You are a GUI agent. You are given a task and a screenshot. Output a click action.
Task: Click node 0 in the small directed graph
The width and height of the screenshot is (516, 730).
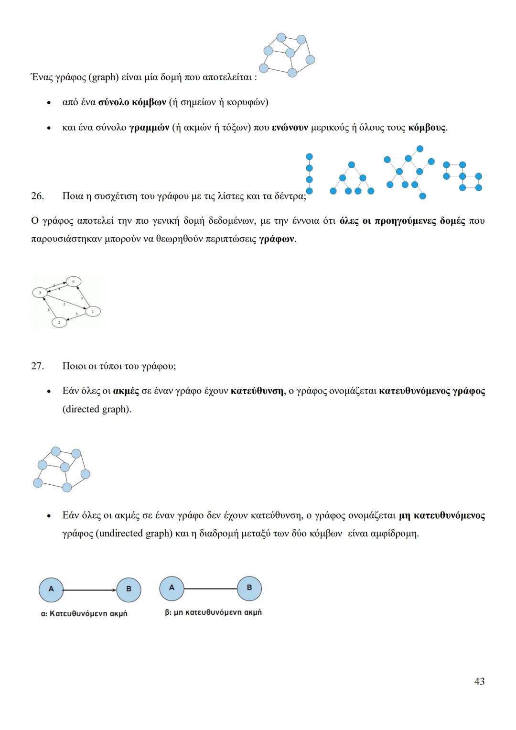pyautogui.click(x=73, y=282)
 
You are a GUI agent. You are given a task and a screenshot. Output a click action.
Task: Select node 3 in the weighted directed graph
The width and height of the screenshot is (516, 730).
pyautogui.click(x=40, y=292)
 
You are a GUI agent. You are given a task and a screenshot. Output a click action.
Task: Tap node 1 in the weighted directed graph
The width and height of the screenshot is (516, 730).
pyautogui.click(x=93, y=311)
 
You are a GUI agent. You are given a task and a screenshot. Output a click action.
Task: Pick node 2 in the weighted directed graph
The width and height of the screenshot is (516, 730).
pyautogui.click(x=59, y=323)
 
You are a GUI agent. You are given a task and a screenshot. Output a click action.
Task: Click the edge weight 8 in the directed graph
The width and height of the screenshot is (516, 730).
pyautogui.click(x=48, y=310)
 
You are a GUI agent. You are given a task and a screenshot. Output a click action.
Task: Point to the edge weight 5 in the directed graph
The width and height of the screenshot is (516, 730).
pyautogui.click(x=82, y=298)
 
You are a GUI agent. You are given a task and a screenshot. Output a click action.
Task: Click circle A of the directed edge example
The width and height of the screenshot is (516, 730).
pyautogui.click(x=51, y=589)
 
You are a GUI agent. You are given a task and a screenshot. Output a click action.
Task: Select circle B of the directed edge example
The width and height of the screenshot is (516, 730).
pyautogui.click(x=129, y=589)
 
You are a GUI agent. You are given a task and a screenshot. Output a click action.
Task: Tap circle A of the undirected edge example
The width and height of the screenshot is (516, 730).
pyautogui.click(x=172, y=588)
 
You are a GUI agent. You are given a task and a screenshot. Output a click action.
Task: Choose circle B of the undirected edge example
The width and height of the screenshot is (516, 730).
pyautogui.click(x=249, y=588)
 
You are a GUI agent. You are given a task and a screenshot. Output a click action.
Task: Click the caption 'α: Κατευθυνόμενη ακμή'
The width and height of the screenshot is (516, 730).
pyautogui.click(x=84, y=613)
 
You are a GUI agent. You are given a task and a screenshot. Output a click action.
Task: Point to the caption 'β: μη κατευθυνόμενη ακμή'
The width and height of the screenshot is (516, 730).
pyautogui.click(x=213, y=612)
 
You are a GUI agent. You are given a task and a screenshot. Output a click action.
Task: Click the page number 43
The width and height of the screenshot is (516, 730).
pyautogui.click(x=479, y=681)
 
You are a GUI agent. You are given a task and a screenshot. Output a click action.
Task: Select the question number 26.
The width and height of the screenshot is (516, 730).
pyautogui.click(x=37, y=196)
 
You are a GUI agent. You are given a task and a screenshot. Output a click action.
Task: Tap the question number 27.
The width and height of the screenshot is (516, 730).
pyautogui.click(x=37, y=366)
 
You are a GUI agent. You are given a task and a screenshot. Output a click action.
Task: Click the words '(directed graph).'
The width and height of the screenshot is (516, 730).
pyautogui.click(x=97, y=409)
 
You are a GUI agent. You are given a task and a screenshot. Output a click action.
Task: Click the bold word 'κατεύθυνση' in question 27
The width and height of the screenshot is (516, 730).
pyautogui.click(x=257, y=391)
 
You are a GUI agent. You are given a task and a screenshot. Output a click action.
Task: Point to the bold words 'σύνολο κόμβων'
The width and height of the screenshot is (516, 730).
pyautogui.click(x=132, y=102)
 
